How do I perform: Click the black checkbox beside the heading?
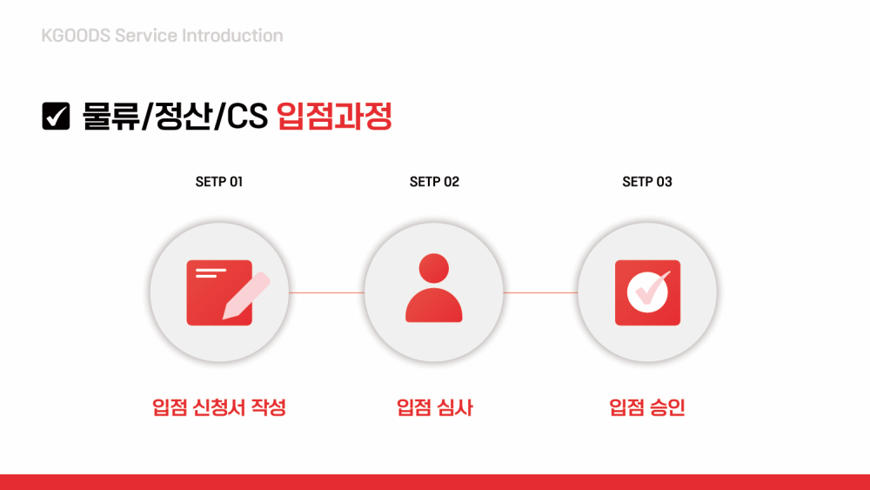tap(56, 116)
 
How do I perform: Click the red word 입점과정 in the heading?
tap(335, 116)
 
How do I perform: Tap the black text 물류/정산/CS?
tap(176, 116)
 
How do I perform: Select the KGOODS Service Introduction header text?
tap(162, 36)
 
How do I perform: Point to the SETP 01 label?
tap(219, 182)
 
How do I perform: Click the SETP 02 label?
tap(434, 182)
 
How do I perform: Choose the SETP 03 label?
tap(647, 182)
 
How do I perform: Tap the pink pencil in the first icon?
tap(246, 296)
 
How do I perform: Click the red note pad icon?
tap(219, 292)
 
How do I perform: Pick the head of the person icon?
tap(434, 269)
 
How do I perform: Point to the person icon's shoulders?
tap(434, 305)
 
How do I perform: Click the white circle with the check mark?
tap(647, 292)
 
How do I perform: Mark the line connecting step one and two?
tap(327, 292)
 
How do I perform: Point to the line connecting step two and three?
tap(540, 292)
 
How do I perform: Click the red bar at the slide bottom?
tap(435, 482)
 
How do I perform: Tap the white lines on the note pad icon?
tap(211, 273)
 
